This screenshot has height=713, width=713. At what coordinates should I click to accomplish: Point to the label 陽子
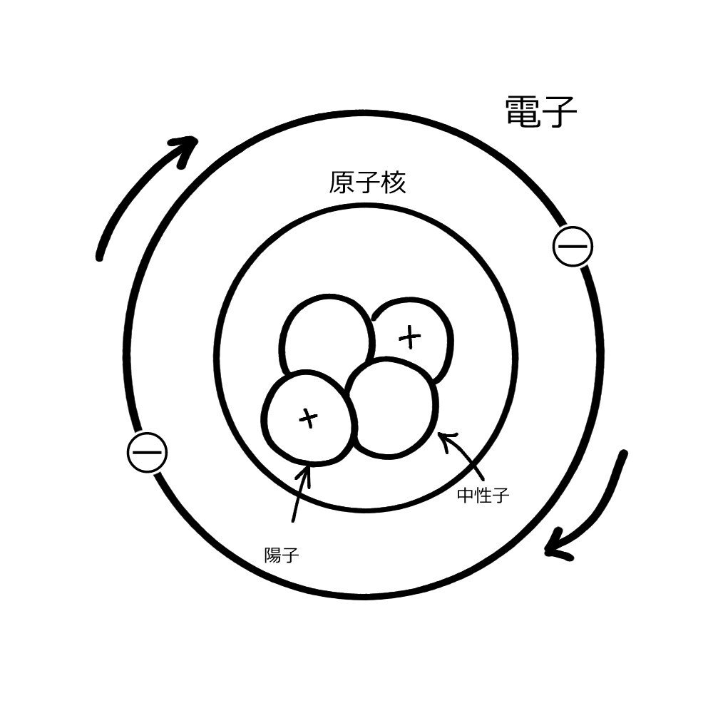pos(282,555)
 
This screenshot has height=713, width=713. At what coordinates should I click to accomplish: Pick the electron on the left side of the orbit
pos(147,452)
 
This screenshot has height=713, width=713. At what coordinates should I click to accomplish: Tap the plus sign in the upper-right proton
pos(410,337)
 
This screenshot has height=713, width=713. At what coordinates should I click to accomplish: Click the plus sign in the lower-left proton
pos(307,419)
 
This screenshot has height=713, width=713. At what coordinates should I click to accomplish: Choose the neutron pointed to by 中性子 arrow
pos(392,406)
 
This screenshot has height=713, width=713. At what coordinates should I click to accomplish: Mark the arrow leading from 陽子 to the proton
pos(299,499)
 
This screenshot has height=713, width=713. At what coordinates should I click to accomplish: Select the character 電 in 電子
pos(524,112)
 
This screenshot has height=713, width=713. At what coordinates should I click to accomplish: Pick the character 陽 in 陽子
pos(273,555)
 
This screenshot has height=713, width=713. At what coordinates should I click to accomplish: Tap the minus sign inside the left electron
pos(147,452)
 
